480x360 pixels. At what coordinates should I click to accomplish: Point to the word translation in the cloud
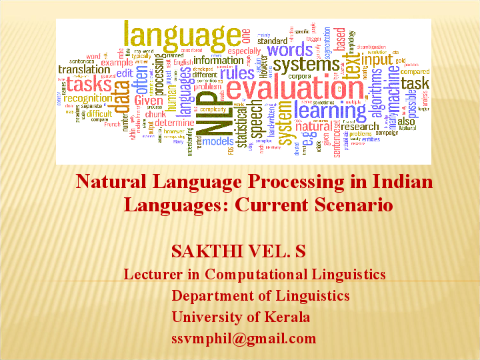[84, 69]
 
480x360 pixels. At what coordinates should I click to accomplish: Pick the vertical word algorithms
[377, 97]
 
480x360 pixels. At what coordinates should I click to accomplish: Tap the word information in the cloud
[218, 59]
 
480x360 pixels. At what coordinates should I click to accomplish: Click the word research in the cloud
[360, 127]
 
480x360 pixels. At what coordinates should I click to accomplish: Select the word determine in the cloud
[175, 123]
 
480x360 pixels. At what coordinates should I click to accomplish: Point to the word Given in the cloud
[148, 101]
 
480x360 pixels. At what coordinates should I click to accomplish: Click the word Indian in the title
[399, 181]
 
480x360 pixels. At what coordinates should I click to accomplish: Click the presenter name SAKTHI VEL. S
[238, 251]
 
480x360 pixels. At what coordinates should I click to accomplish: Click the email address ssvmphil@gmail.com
[243, 338]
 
